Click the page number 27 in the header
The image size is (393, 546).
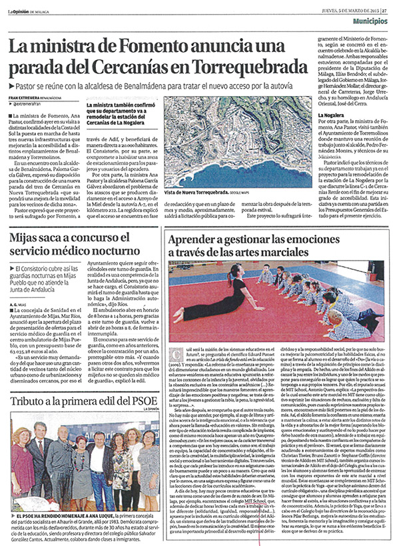[384, 8]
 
